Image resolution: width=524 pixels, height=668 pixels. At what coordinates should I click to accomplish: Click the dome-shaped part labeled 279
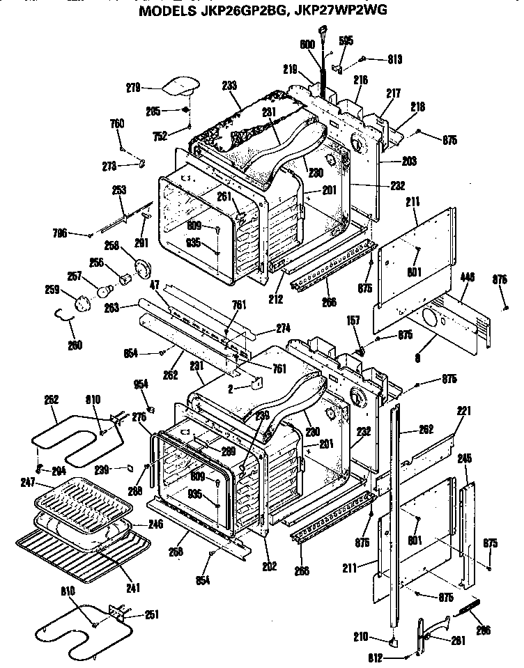180,86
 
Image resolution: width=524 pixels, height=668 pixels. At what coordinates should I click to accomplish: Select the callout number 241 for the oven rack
132,588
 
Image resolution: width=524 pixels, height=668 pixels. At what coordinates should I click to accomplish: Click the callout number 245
465,458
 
